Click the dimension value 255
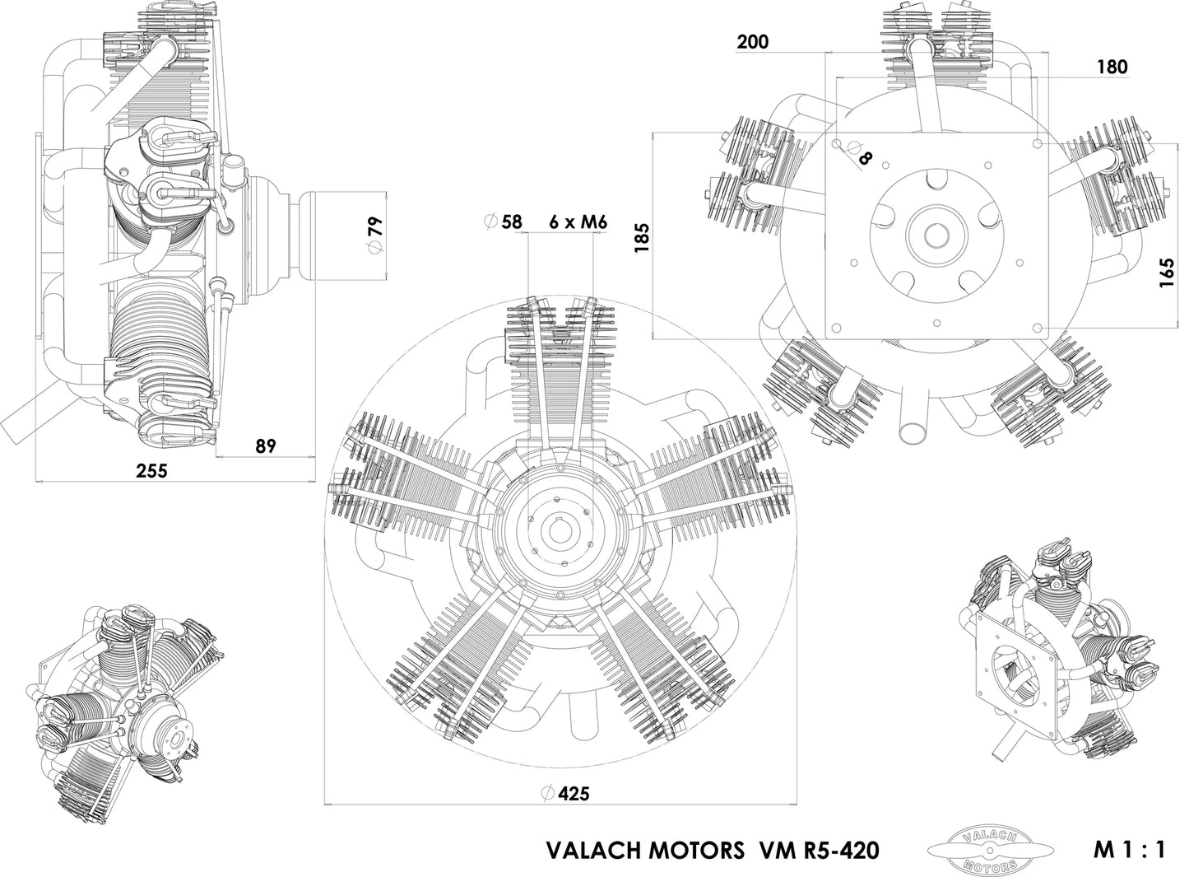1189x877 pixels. pos(151,471)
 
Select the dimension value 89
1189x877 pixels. pos(265,446)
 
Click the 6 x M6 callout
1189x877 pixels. pos(578,222)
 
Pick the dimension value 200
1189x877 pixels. pos(753,42)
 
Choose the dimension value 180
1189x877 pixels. pos(1112,68)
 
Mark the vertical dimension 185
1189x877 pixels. pos(643,237)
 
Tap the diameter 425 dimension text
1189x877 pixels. pos(574,794)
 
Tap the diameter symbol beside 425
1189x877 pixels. pos(547,794)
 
